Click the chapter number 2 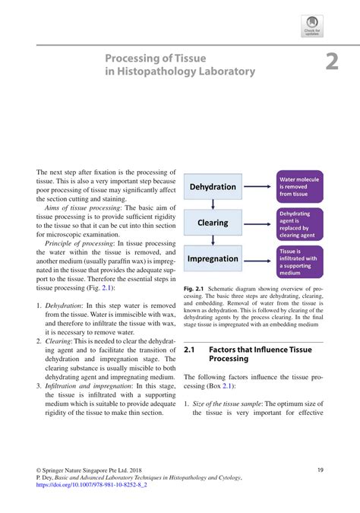[331, 62]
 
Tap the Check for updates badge [311, 25]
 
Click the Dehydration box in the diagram [212, 187]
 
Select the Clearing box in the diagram [212, 223]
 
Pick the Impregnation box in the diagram [212, 258]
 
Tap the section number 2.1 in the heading [191, 350]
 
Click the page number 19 [321, 470]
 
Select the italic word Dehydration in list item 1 [64, 305]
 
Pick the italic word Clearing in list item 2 [59, 341]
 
